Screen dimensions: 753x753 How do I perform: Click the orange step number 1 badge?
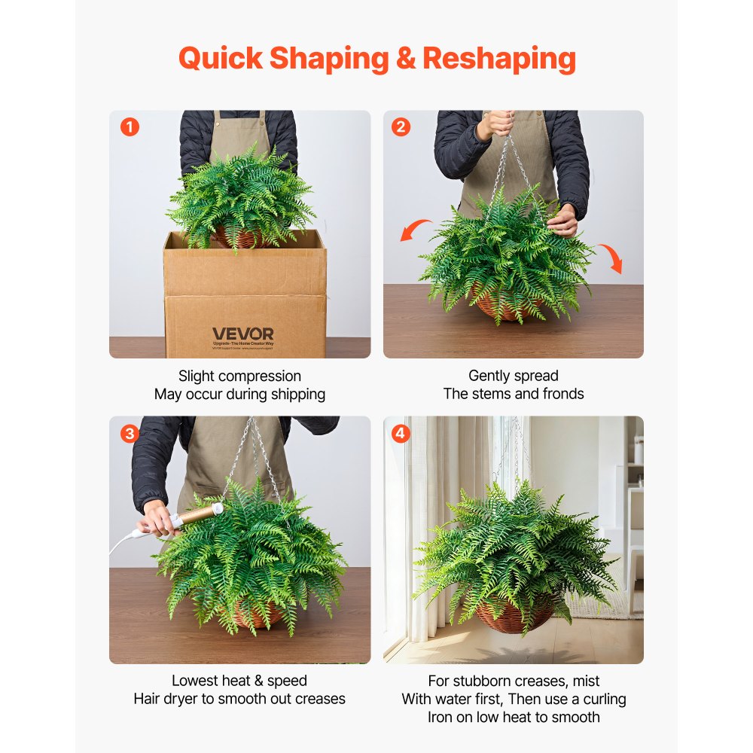click(130, 127)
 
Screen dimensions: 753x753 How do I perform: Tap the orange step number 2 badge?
click(401, 127)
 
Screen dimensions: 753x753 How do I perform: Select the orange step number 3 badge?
click(130, 434)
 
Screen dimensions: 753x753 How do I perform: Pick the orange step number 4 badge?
click(401, 434)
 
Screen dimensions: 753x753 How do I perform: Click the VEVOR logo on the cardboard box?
click(242, 334)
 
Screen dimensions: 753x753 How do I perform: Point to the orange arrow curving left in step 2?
click(416, 229)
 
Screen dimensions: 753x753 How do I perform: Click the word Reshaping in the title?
click(499, 58)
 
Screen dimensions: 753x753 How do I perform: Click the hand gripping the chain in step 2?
click(497, 124)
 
